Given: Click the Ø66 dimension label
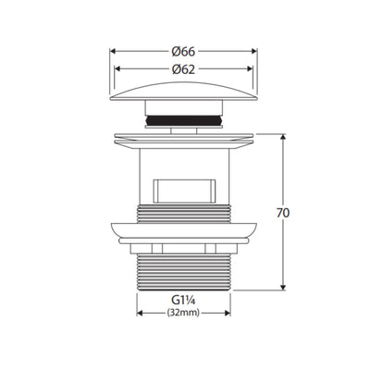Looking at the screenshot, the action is coord(183,52).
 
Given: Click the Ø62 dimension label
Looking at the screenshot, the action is coord(183,69).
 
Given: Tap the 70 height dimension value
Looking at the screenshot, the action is coord(283,213).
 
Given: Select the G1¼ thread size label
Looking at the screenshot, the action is coord(184,300).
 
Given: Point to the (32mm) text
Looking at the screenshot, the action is coord(183,313).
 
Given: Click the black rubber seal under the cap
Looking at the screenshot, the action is coord(184,120).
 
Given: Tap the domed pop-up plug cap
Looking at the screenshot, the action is coord(183,92).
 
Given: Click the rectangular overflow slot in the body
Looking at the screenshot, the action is coord(184,191).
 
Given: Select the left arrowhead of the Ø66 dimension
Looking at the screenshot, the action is coord(113,51).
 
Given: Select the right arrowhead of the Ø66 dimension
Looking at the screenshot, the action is coord(254,51).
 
